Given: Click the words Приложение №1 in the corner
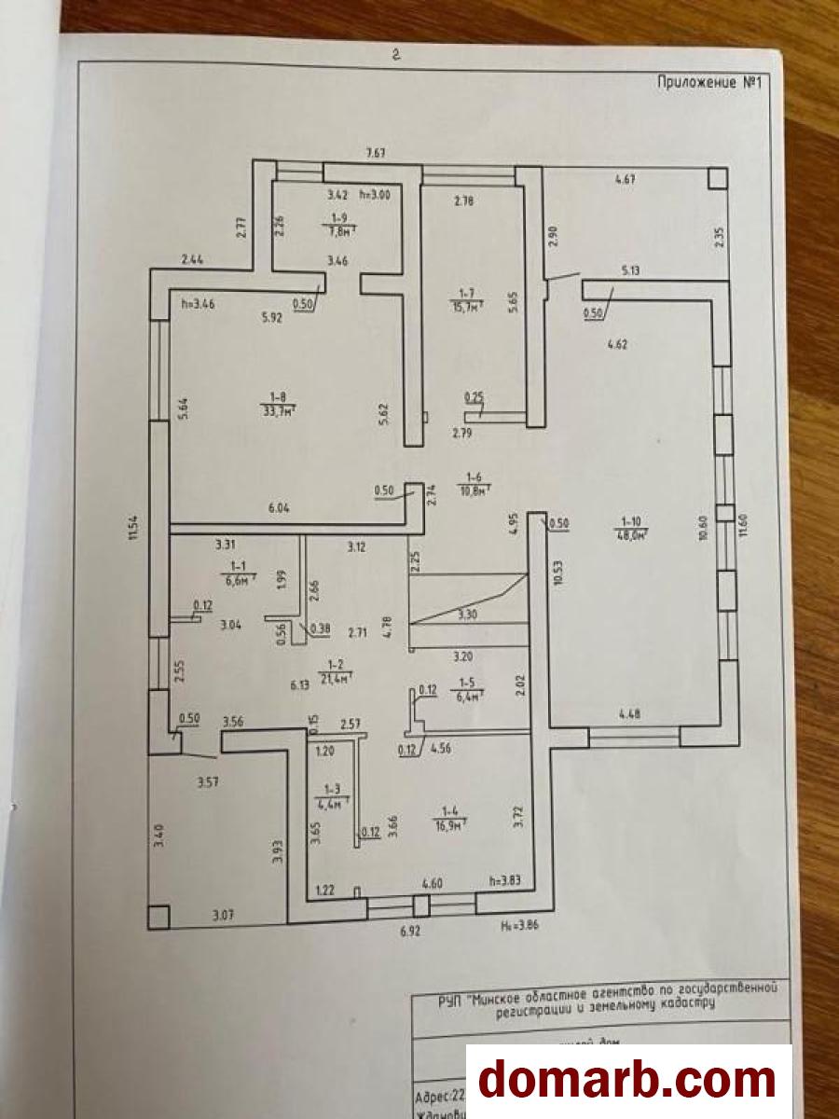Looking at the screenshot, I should click(x=710, y=82).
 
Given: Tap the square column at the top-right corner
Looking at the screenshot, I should click(x=716, y=177).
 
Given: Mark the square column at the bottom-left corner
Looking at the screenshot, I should click(x=159, y=916).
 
